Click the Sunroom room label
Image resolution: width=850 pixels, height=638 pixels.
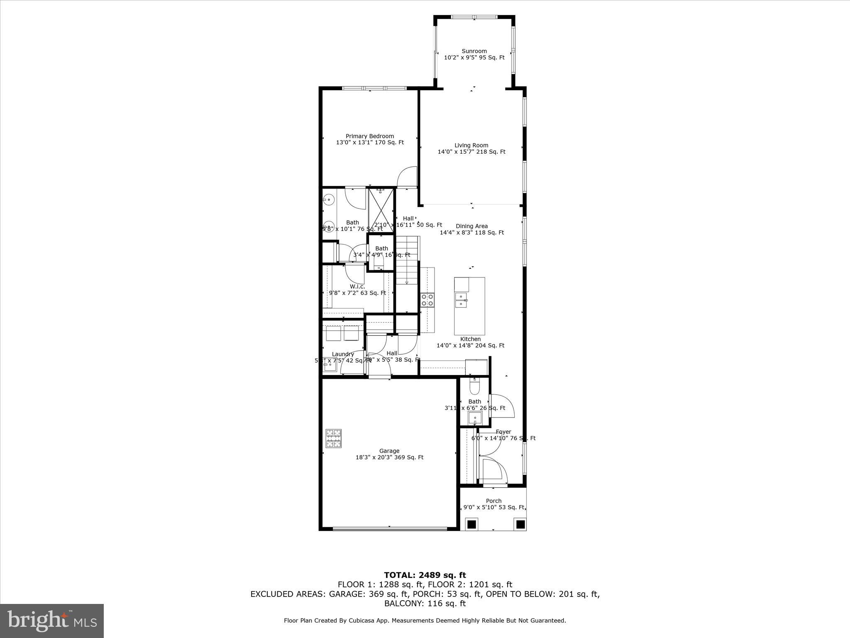474,51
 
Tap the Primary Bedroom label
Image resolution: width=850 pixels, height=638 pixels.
370,136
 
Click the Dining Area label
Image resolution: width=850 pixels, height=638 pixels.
471,226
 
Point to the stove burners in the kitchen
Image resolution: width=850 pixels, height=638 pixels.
427,300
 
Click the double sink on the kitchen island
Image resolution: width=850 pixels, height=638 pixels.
461,300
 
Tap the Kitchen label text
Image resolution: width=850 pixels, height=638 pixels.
470,339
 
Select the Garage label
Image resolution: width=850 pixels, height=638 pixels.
389,451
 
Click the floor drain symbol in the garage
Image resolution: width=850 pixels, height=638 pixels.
334,439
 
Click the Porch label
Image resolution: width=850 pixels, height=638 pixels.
493,501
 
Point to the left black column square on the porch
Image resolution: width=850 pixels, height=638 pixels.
471,525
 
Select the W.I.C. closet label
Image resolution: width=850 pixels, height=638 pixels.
357,286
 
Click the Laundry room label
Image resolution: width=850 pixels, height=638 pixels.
343,354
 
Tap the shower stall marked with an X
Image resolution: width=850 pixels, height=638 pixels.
381,211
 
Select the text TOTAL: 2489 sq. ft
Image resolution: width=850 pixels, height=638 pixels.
425,575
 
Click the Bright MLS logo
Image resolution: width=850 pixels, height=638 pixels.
52,621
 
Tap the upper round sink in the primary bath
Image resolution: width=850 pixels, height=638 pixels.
328,200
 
